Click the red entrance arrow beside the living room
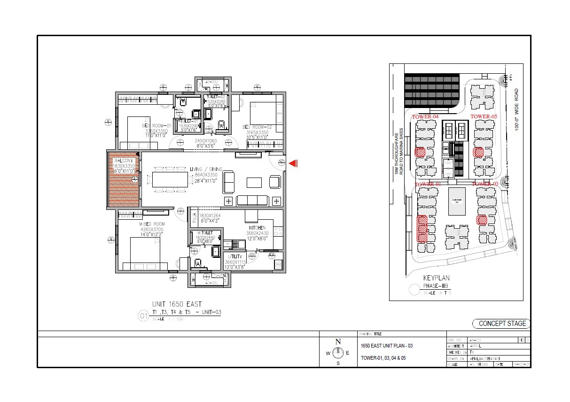coord(294,163)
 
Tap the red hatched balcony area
coord(124,179)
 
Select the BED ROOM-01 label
coord(155,125)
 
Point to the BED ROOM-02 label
coord(257,127)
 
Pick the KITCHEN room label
coord(257,228)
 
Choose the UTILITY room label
coord(235,256)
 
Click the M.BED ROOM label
coord(153,224)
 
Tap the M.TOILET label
coord(205,232)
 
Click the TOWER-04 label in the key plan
coord(425,116)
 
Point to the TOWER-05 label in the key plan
coord(484,116)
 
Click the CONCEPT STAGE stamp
coord(501,324)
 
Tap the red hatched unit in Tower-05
coord(478,152)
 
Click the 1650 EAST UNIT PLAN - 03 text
coord(386,346)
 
